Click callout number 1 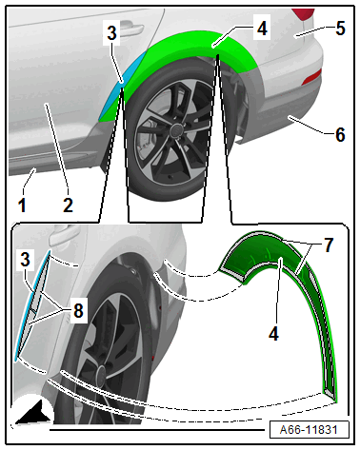point(22,205)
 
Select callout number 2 point(68,205)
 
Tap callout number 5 point(340,29)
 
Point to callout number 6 point(340,134)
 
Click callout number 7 point(329,245)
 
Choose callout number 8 point(78,310)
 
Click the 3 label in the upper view point(111,33)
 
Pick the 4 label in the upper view point(262,29)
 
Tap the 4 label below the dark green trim point(273,334)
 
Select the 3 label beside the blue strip point(25,260)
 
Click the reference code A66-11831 point(309,430)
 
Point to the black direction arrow point(33,414)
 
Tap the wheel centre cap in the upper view point(175,129)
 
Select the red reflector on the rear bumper point(312,77)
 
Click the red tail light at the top point(304,14)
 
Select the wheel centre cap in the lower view point(102,373)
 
